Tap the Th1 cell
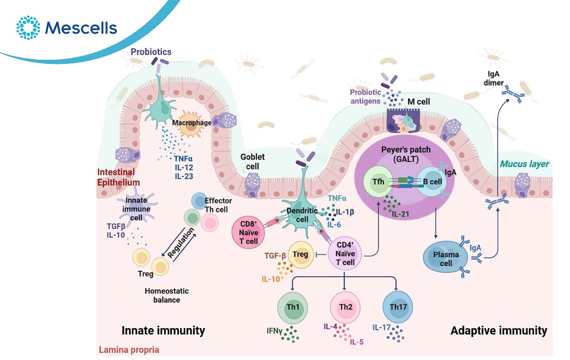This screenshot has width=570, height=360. (x=294, y=308)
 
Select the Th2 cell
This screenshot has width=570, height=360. (x=345, y=308)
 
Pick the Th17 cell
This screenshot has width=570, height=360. (x=396, y=308)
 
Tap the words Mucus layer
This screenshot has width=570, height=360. (x=524, y=165)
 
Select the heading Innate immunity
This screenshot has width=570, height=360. (x=163, y=330)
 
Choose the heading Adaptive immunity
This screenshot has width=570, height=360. (x=498, y=330)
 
